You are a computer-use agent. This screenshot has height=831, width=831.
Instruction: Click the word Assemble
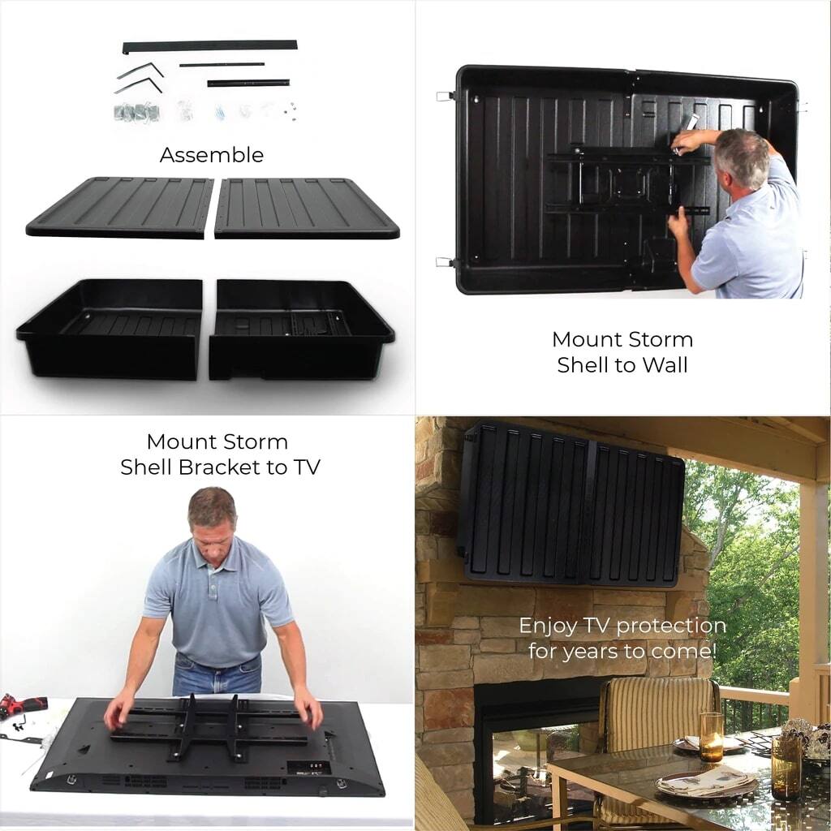[212, 155]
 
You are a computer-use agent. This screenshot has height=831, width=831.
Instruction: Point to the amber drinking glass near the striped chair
[711, 736]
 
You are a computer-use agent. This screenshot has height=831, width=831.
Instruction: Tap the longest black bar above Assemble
[209, 46]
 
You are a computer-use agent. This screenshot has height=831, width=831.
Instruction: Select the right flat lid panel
[306, 209]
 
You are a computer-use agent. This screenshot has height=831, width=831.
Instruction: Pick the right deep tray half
[300, 329]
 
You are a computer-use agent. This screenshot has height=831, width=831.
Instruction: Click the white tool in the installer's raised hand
[691, 123]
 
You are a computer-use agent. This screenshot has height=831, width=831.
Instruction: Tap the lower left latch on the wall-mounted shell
[444, 262]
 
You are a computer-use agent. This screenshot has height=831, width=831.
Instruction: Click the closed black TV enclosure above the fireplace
[571, 504]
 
